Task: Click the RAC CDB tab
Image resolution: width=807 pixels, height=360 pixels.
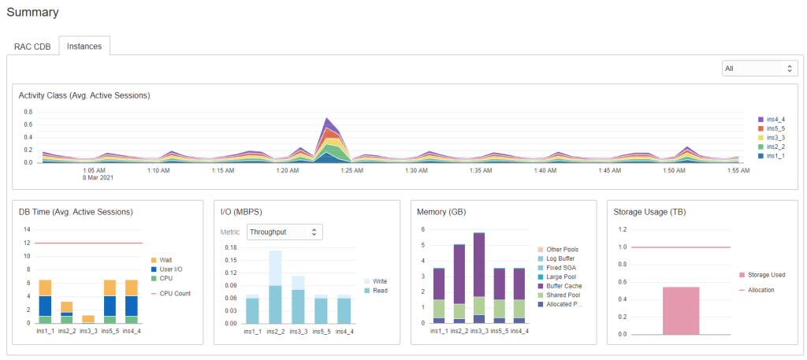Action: point(32,46)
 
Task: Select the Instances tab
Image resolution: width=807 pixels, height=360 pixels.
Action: point(84,46)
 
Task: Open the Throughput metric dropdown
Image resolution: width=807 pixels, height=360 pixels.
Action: point(284,232)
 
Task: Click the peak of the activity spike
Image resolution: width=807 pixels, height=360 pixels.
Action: point(326,120)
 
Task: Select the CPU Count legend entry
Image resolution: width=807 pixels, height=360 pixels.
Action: point(173,293)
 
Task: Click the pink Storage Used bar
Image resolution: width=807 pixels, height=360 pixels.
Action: point(681,310)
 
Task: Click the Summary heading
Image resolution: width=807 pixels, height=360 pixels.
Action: point(33,12)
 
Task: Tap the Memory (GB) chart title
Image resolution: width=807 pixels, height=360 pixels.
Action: point(445,211)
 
